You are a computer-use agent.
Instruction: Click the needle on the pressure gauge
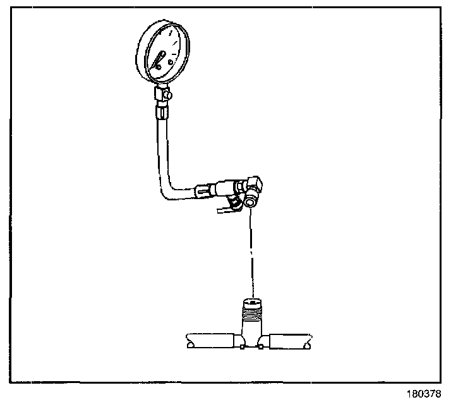(x=157, y=61)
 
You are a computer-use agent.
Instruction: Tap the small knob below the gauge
(x=169, y=95)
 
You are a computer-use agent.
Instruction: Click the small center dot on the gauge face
(x=161, y=63)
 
